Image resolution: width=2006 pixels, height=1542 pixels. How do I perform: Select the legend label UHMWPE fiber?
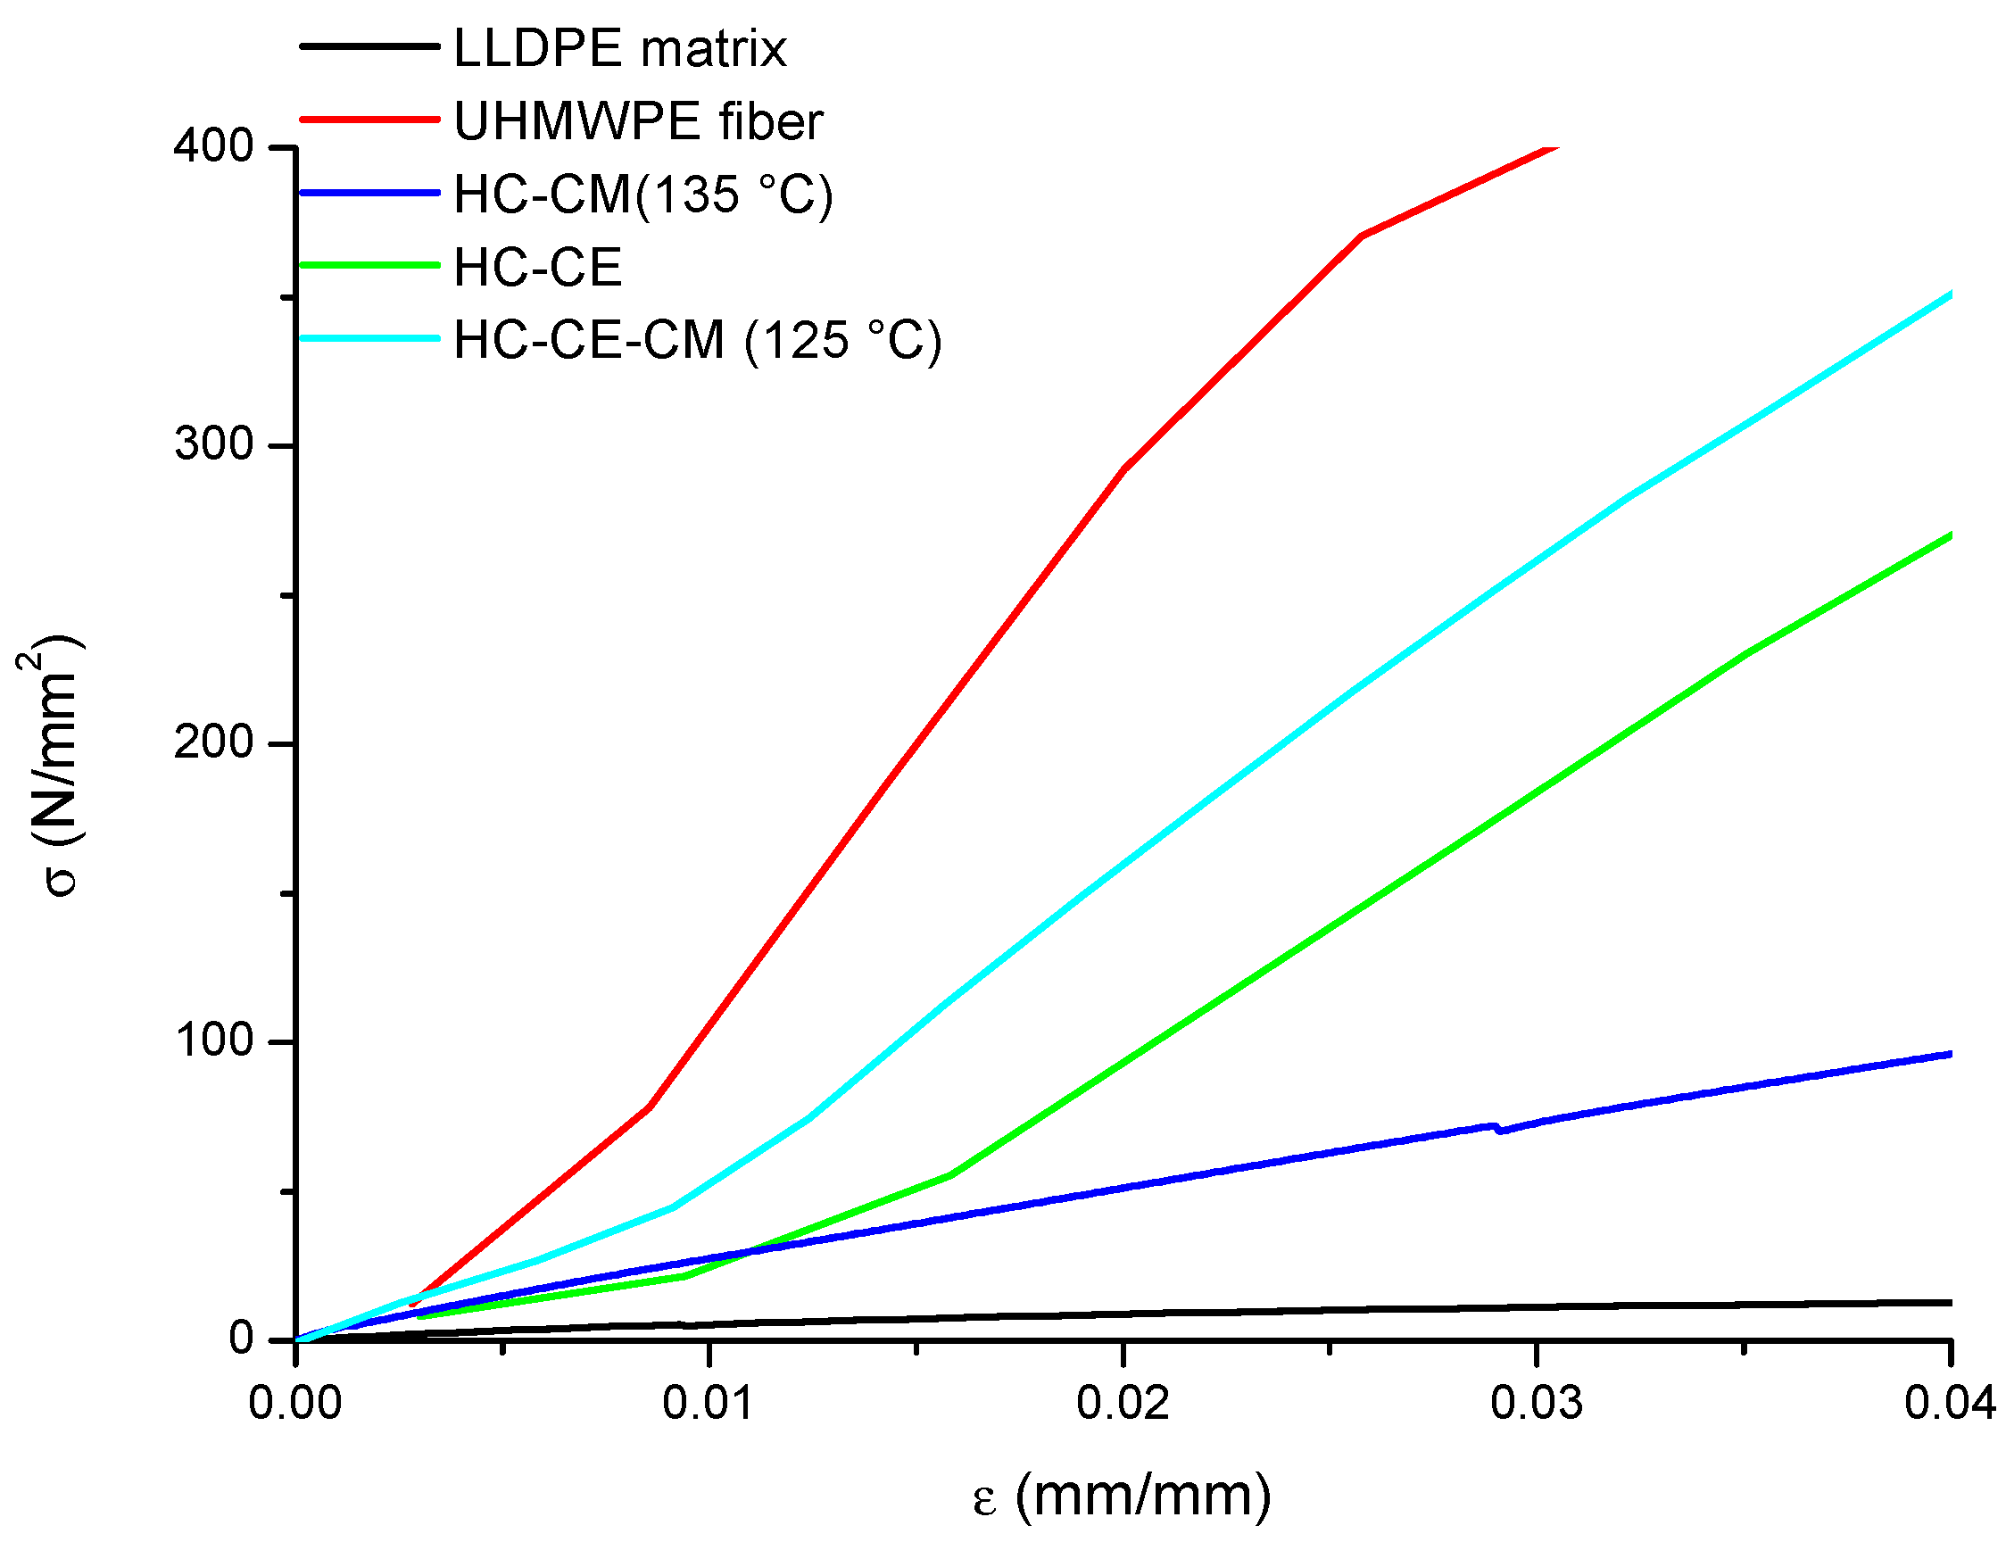tap(638, 121)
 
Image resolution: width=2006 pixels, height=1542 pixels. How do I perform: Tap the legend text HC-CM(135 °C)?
tap(642, 195)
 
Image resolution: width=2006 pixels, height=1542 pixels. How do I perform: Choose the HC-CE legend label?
tap(538, 268)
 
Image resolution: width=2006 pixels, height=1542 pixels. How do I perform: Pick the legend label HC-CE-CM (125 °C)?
tap(698, 341)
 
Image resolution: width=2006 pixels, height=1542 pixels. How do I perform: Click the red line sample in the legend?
tap(369, 120)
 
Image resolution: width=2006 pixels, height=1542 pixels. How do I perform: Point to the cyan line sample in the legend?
tap(369, 339)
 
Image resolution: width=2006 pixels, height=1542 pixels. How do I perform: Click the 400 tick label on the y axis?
tap(213, 146)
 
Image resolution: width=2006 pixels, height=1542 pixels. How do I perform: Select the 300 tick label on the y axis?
tap(213, 444)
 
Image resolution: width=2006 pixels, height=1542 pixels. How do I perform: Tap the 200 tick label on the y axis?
tap(213, 742)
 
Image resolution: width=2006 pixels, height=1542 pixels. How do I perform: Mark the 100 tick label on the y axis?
tap(213, 1040)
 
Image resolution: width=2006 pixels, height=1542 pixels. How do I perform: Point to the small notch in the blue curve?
tap(1497, 1128)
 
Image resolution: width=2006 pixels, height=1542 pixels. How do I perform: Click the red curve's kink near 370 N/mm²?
tap(1362, 236)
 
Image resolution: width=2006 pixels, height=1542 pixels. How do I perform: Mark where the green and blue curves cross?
tap(750, 1251)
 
